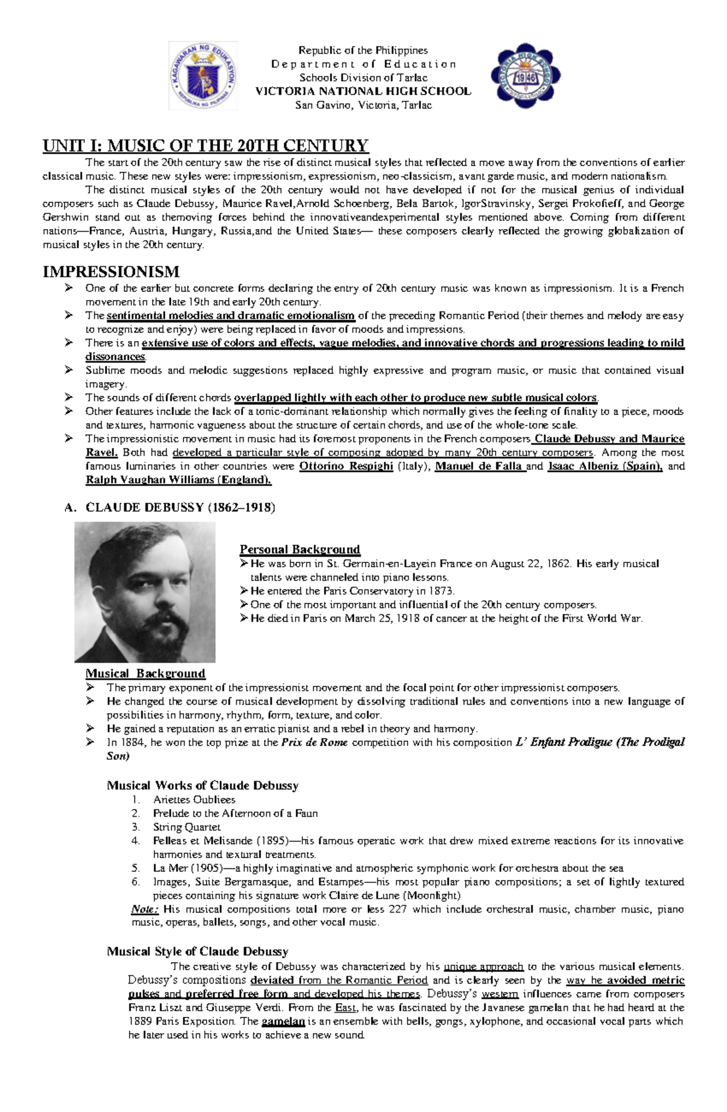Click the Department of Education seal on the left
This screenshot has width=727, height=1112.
(x=203, y=76)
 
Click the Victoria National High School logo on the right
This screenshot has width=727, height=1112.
(x=525, y=76)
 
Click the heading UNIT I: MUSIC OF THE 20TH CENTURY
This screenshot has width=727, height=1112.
(x=205, y=145)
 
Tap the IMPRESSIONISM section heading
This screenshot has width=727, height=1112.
(x=111, y=271)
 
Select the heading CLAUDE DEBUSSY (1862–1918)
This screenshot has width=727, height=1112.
(x=181, y=508)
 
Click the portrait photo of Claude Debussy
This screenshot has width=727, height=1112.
(x=145, y=592)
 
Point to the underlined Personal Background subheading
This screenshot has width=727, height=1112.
(x=300, y=550)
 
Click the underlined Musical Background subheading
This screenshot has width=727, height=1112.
(x=145, y=673)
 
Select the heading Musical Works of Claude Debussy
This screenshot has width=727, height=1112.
(x=202, y=785)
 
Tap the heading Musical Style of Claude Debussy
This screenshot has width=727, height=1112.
(x=198, y=951)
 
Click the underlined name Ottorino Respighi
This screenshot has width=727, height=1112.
(x=347, y=466)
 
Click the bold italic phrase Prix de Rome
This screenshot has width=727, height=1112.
(x=314, y=742)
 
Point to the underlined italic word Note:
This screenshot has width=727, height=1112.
(x=145, y=909)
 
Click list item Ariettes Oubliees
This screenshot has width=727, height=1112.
(x=194, y=799)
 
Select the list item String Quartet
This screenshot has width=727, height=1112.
(x=187, y=827)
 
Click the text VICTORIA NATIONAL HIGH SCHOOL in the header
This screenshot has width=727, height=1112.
(x=363, y=92)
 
